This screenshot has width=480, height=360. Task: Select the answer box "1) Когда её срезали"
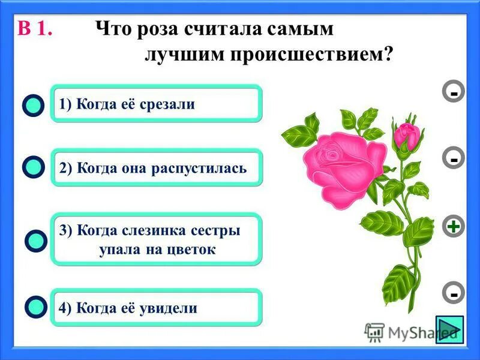[156, 104]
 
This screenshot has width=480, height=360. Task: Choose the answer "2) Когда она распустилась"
[156, 167]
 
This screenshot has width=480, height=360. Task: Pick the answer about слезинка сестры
[156, 239]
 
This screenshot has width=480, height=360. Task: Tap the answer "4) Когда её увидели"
[156, 308]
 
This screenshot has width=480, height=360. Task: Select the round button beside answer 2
[35, 167]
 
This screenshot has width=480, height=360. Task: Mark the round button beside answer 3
[36, 241]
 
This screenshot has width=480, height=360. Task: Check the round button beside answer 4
[35, 307]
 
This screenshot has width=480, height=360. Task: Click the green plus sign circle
[454, 227]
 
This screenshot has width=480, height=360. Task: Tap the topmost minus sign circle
[454, 93]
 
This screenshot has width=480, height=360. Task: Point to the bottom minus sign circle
[454, 294]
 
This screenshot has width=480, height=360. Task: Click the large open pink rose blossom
[344, 165]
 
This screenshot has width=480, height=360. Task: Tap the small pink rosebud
[407, 135]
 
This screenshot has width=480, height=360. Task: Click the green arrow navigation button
[448, 329]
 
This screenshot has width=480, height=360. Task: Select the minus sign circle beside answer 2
[454, 159]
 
